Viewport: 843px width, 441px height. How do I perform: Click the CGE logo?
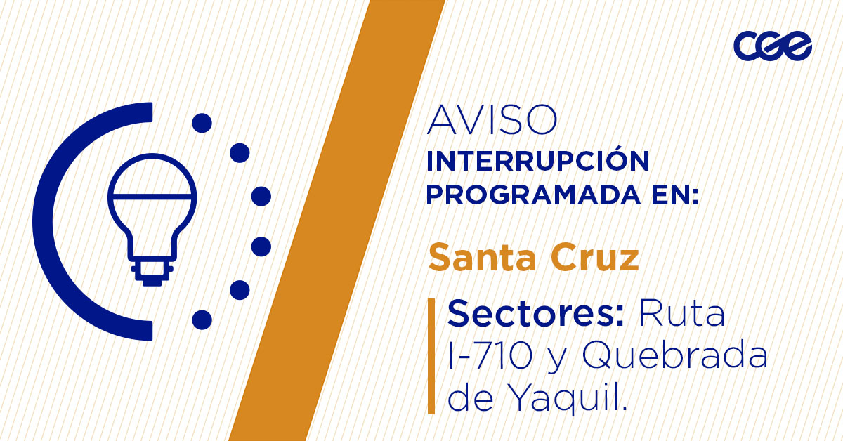[x=773, y=47]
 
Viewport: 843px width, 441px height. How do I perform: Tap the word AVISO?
[x=492, y=121]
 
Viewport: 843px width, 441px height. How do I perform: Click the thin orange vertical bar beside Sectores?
[x=431, y=355]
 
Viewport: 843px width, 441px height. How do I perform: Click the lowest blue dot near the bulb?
[x=202, y=320]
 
